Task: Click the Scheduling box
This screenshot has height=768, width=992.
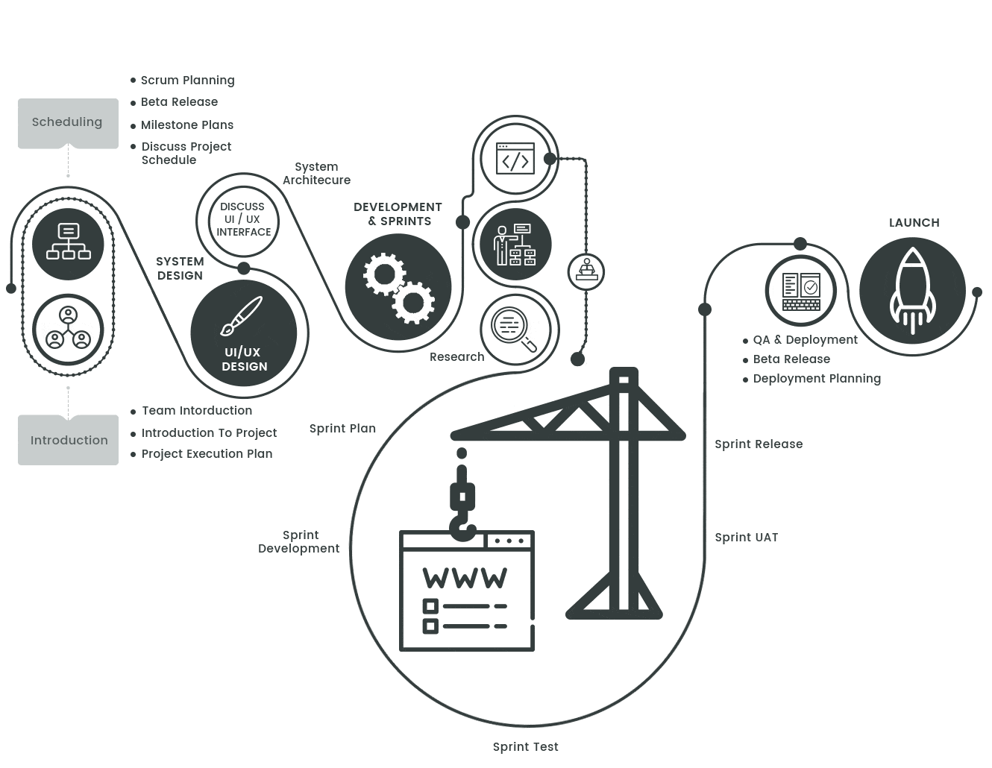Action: coord(68,123)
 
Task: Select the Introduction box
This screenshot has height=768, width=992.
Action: coord(68,440)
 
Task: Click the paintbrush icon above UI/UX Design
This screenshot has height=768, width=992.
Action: coord(242,316)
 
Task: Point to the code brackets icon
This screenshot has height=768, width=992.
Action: coord(515,161)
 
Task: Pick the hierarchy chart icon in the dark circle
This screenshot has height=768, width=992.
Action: coord(68,242)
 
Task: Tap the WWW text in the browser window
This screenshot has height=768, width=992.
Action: coord(464,578)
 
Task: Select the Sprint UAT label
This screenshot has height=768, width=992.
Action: coord(746,538)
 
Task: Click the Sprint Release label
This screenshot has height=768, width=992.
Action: coord(759,444)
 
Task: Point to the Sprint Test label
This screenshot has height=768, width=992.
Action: coord(525,746)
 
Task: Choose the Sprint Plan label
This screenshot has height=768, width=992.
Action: coord(342,429)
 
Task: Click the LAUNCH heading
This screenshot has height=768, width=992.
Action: coord(914,222)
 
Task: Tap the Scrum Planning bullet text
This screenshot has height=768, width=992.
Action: coord(187,80)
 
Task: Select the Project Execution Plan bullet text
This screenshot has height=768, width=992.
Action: coord(207,453)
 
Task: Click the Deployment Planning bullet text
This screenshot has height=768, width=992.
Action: coord(817,379)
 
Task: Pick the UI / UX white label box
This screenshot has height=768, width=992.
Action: coord(243,219)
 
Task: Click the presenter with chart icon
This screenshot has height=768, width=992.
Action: coord(515,245)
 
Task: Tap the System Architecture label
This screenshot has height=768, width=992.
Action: coord(316,173)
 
